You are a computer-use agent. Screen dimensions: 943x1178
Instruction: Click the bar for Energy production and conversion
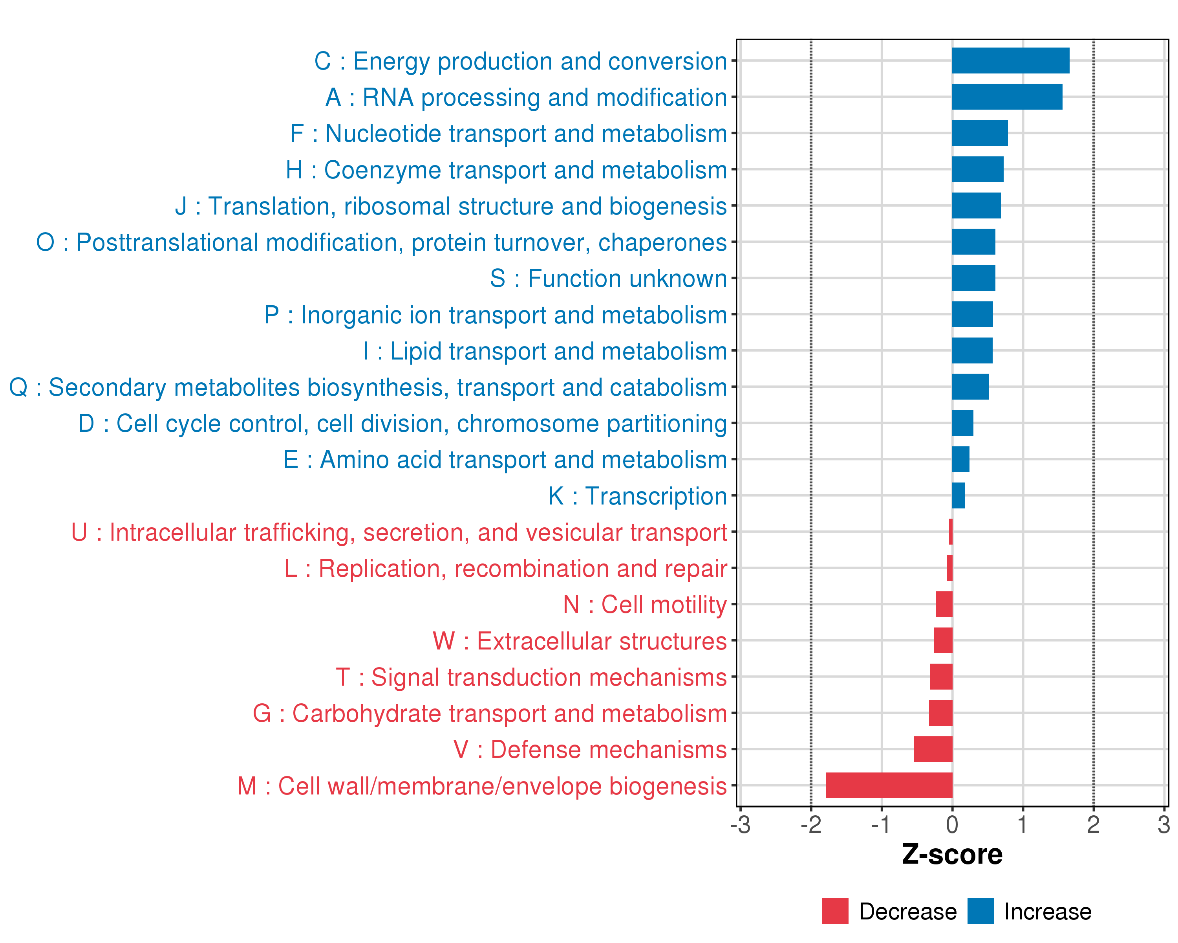point(1010,61)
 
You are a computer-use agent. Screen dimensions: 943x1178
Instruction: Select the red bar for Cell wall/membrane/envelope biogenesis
point(889,785)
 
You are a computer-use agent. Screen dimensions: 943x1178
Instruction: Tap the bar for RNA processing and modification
point(1007,97)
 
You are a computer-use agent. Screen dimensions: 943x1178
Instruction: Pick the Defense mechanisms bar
point(933,749)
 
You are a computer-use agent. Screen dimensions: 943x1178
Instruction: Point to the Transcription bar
point(958,495)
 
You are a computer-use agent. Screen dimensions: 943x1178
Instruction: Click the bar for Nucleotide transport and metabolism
point(980,133)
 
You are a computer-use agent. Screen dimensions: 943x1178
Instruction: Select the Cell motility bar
point(944,604)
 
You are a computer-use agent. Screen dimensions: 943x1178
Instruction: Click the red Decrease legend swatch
point(835,911)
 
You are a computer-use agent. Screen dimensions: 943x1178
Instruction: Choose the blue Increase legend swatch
point(980,911)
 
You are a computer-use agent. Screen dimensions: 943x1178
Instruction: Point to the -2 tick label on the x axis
point(811,824)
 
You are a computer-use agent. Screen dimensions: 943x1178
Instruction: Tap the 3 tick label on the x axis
point(1163,824)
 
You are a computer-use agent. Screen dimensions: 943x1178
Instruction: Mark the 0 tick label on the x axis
point(952,824)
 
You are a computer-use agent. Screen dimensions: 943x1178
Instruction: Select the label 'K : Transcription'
point(637,496)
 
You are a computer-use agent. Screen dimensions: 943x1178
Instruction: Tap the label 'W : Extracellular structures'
point(579,641)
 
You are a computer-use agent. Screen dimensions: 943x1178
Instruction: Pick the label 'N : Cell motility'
point(645,605)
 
